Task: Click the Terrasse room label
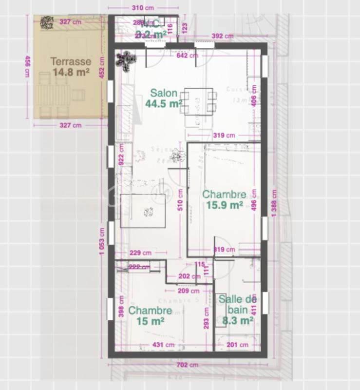pyautogui.click(x=71, y=62)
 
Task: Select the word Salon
pyautogui.click(x=163, y=93)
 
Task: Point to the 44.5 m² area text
pyautogui.click(x=163, y=103)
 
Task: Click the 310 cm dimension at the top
pyautogui.click(x=144, y=8)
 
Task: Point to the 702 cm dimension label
pyautogui.click(x=187, y=365)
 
